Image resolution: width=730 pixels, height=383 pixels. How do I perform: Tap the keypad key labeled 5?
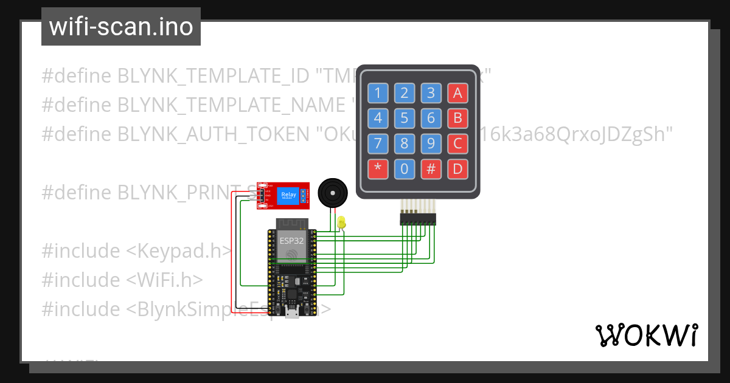point(405,118)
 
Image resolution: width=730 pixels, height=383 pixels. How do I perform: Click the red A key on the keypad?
point(457,93)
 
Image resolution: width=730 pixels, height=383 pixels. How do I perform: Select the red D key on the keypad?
point(457,168)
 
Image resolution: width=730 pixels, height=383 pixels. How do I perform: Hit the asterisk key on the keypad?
point(378,168)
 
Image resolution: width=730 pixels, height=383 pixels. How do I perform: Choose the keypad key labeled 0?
point(405,168)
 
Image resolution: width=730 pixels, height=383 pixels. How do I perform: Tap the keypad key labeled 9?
point(431,143)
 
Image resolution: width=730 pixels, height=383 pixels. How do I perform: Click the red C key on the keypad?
point(457,143)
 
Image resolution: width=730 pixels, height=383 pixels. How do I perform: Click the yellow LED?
point(342,223)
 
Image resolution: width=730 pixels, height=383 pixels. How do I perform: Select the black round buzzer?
point(333,193)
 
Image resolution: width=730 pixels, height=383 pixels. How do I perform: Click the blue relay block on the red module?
point(288,196)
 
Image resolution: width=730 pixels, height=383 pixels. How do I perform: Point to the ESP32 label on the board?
point(292,241)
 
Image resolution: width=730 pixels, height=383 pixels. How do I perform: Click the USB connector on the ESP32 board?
point(292,314)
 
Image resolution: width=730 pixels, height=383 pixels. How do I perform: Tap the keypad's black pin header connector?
point(418,218)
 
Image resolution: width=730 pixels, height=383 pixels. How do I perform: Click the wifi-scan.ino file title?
point(121,27)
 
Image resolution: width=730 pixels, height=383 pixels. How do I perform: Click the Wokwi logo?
point(646,335)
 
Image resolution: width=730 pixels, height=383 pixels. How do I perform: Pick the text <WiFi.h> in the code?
point(164,280)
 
